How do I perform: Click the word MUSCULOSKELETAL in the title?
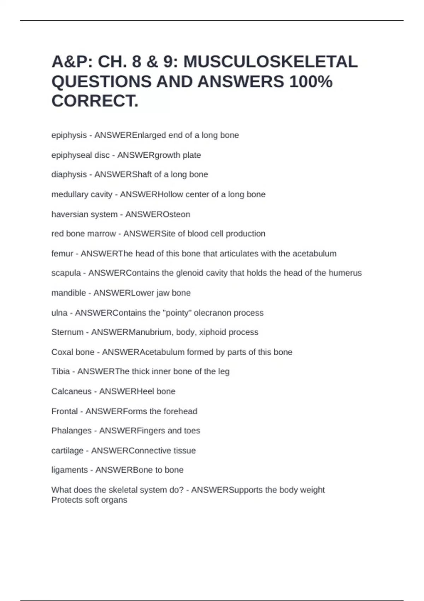point(270,62)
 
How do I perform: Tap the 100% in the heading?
point(311,82)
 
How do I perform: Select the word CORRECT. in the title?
point(95,101)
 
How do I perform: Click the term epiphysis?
point(69,135)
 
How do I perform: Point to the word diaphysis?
point(69,175)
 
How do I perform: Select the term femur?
point(62,253)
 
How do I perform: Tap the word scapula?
point(66,273)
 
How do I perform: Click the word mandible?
point(69,293)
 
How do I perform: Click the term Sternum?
point(67,332)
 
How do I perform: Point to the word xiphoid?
point(212,332)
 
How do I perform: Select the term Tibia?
point(60,372)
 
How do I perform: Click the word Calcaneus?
point(71,391)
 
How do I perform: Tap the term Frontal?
point(64,412)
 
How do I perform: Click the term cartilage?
point(67,451)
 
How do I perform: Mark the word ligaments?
point(69,470)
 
